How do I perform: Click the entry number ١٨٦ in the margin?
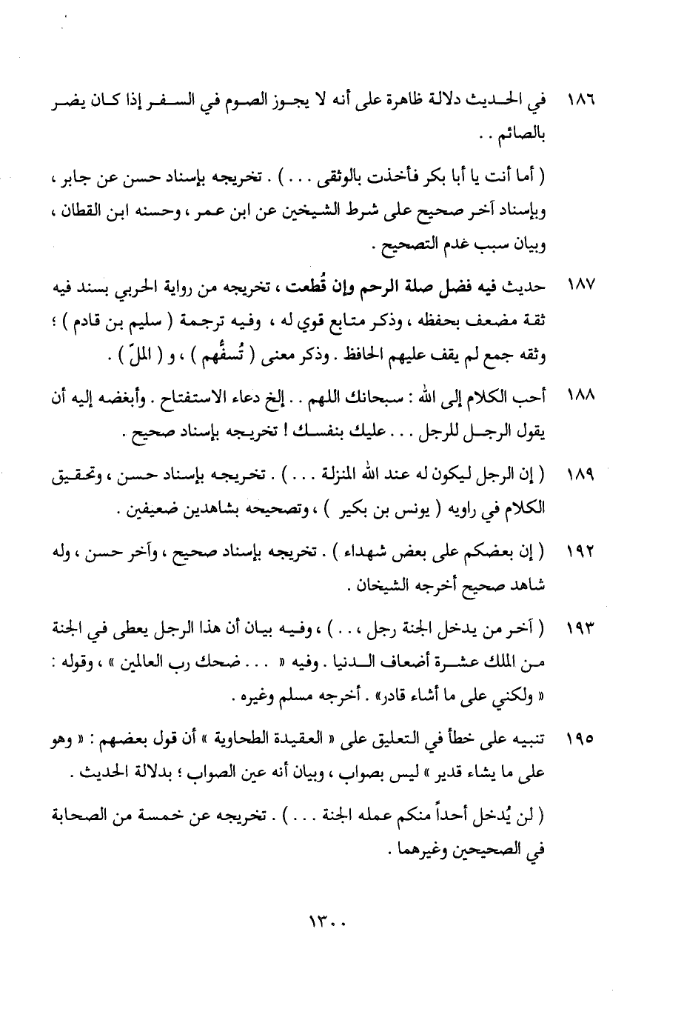[x=580, y=99]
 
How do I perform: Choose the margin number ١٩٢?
[x=580, y=552]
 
